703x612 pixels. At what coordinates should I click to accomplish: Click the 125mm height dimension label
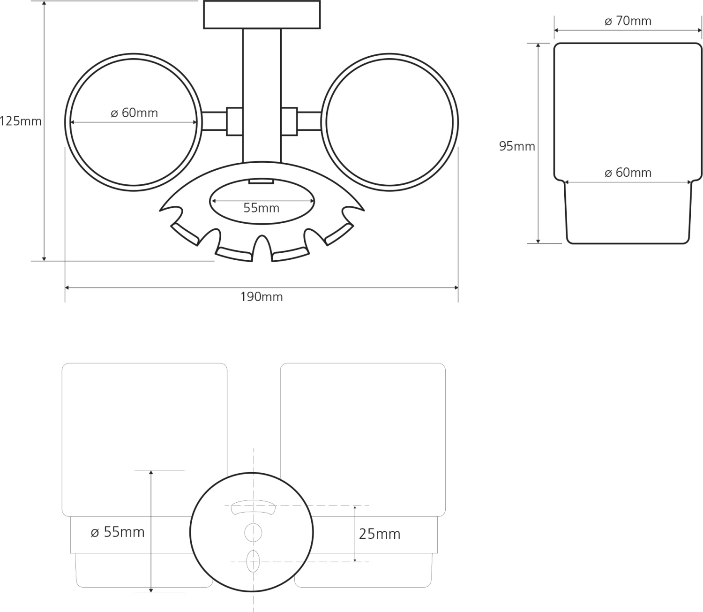click(21, 121)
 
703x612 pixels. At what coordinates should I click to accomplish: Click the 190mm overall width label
click(262, 297)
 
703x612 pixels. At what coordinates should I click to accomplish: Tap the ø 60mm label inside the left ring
click(135, 113)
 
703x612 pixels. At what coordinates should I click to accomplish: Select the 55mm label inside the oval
click(262, 208)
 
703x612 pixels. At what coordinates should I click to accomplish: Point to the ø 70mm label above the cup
click(628, 21)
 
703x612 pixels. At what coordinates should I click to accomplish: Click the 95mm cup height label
click(517, 146)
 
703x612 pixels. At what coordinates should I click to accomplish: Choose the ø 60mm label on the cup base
click(628, 173)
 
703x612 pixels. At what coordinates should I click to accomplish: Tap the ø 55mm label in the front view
click(118, 532)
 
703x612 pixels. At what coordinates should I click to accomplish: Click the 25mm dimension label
click(380, 534)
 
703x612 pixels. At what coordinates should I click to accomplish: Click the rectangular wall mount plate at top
click(262, 15)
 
